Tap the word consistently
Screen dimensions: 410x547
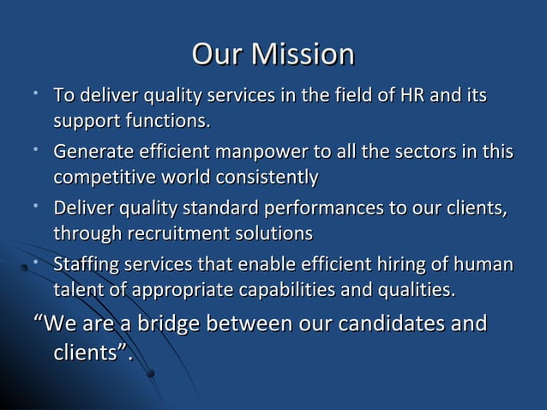262,176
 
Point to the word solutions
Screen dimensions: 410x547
273,233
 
